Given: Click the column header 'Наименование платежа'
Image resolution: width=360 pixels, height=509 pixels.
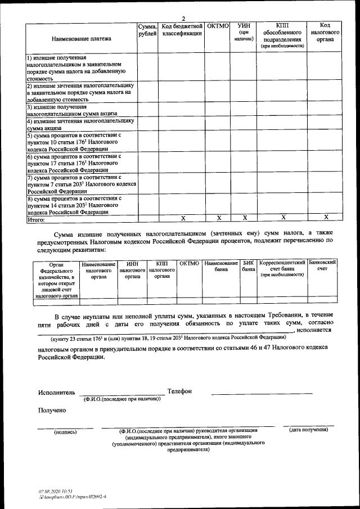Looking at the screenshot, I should (82, 39).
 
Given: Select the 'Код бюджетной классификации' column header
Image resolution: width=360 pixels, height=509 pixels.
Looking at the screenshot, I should (182, 30).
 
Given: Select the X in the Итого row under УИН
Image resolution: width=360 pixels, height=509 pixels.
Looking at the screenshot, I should (244, 217).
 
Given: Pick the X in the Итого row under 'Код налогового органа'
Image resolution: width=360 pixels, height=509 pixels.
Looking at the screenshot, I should (326, 217).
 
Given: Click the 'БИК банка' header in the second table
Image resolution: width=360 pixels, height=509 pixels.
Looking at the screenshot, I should (248, 267).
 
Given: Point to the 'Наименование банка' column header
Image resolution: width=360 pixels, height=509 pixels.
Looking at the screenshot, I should (221, 267).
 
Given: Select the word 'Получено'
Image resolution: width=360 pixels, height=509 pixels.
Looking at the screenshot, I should (52, 410).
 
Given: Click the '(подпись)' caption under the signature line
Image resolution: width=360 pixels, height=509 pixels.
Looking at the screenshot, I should (65, 432).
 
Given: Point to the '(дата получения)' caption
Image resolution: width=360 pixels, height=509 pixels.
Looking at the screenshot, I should (308, 430).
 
